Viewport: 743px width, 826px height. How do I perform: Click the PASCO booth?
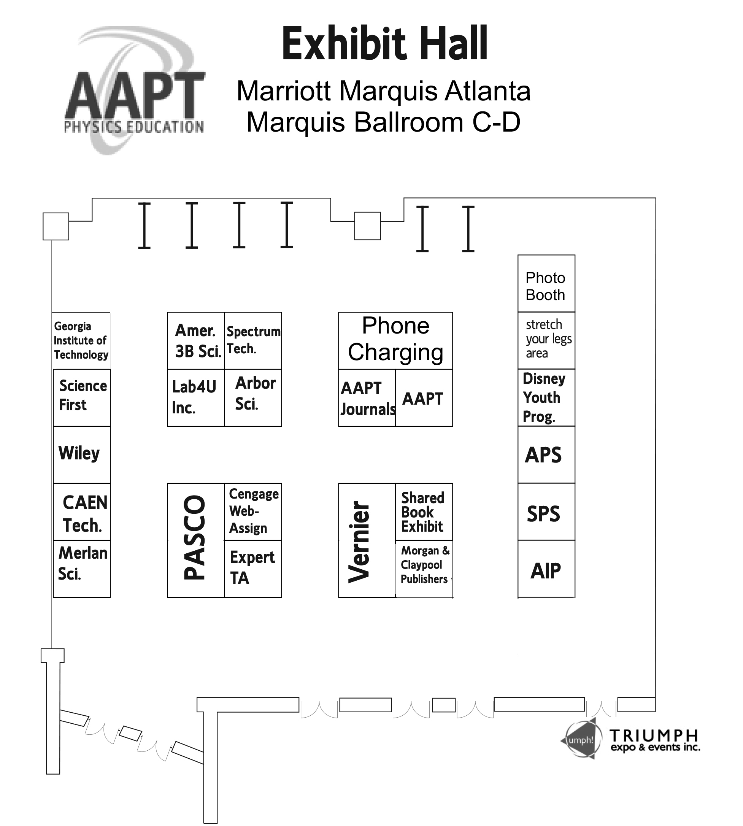[195, 540]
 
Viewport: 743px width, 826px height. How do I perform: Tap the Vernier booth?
[366, 540]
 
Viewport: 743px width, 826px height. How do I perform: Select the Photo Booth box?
[546, 284]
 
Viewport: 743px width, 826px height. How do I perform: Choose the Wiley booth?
[82, 454]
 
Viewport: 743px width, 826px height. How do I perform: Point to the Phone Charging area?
[395, 340]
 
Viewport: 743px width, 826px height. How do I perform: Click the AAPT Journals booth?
[367, 398]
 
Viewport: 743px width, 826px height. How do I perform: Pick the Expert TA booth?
[253, 569]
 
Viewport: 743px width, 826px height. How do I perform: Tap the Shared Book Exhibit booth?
[424, 511]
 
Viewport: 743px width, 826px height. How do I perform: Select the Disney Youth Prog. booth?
[546, 397]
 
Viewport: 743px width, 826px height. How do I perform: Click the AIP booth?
[546, 569]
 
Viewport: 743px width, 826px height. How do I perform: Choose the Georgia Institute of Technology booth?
[81, 340]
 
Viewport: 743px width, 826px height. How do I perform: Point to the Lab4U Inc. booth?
[195, 398]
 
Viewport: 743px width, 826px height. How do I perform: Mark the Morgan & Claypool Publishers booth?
[424, 569]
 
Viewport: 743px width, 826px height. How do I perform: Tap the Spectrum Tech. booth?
[253, 340]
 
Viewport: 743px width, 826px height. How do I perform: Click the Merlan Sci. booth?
[82, 569]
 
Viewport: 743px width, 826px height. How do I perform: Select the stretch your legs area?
[546, 340]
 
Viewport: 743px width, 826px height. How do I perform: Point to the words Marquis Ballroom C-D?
[383, 122]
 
